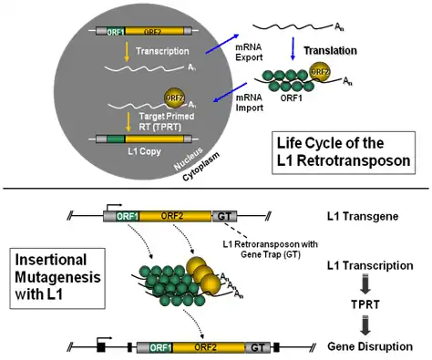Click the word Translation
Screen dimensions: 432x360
pos(330,50)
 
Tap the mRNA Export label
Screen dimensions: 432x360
pos(249,52)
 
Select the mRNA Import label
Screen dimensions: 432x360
pos(250,102)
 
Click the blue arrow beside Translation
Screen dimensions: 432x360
pos(293,48)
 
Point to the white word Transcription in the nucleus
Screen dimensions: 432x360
pos(162,51)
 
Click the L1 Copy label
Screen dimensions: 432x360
pos(144,151)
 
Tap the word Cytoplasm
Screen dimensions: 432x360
pos(201,167)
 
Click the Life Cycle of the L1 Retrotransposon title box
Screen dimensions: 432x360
pos(344,152)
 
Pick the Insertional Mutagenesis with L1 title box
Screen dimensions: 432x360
pos(57,278)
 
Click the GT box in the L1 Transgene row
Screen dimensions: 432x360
pos(224,216)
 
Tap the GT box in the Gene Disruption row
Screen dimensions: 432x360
pos(257,347)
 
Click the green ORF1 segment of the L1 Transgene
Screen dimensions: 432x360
pos(128,216)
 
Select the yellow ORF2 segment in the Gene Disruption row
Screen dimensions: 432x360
pos(209,347)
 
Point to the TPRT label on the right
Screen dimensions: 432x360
pos(365,304)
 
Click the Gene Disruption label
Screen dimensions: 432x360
pos(370,346)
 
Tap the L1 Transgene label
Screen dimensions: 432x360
pos(363,217)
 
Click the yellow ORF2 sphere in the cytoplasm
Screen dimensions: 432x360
pos(320,72)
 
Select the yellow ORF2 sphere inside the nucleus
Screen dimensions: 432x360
pos(175,98)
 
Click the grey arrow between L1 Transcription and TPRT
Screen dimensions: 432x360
pos(365,284)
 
